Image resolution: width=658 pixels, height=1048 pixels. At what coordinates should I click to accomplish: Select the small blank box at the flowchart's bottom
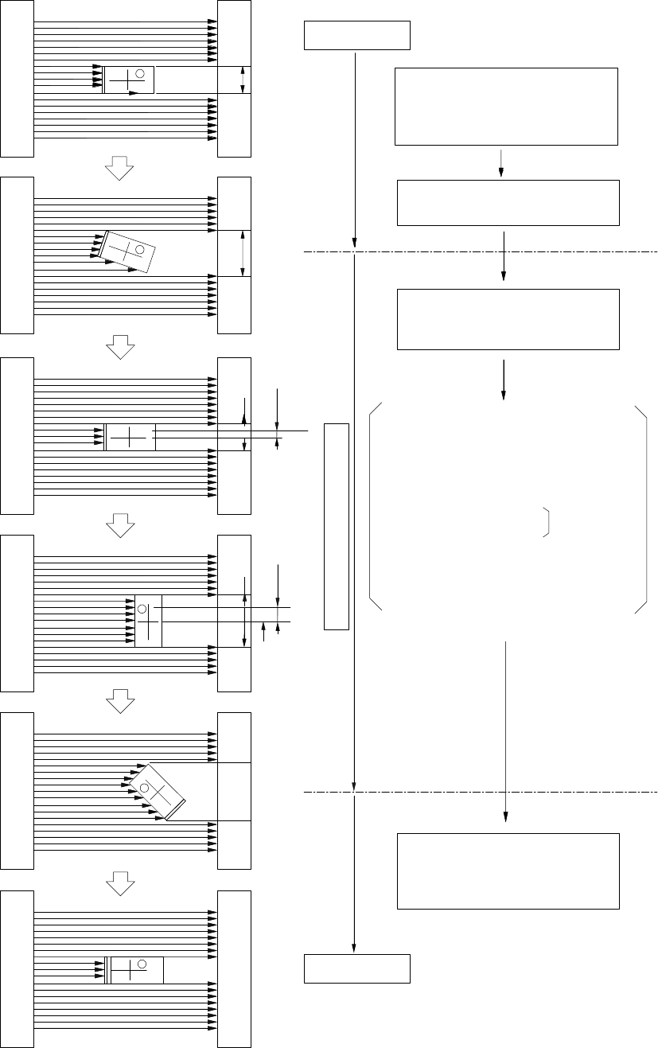point(357,968)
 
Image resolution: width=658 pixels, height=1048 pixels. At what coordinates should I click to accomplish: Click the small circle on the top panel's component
point(140,74)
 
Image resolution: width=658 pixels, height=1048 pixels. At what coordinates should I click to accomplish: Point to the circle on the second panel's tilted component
point(139,250)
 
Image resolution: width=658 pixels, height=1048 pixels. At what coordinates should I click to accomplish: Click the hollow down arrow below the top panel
point(120,166)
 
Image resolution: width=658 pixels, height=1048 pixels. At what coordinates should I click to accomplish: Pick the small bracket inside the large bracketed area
point(547,521)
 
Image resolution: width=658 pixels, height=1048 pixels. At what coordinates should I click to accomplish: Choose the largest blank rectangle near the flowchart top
point(506,107)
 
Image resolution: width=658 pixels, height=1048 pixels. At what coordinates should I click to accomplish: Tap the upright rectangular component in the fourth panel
point(148,621)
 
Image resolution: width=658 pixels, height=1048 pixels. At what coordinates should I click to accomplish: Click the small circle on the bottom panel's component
point(142,964)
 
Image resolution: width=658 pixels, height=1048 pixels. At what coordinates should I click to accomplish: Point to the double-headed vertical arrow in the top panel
point(243,80)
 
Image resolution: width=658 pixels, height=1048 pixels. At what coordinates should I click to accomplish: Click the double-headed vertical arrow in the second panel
point(242,254)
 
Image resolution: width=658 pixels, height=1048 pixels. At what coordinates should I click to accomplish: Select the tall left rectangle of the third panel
point(18,436)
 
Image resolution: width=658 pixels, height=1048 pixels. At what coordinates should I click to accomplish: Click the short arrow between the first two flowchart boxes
point(501,162)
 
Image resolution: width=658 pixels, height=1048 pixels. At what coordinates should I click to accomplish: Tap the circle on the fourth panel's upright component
point(142,609)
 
